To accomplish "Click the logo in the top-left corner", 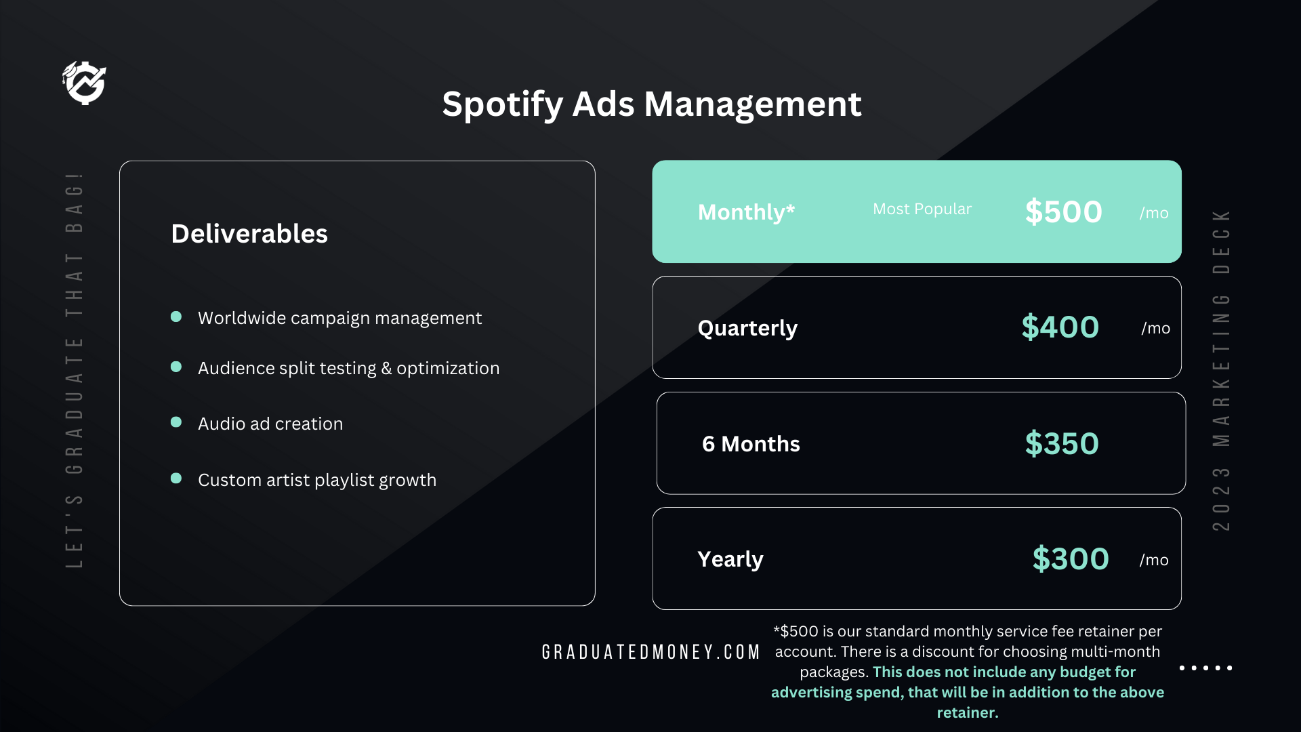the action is click(x=85, y=83).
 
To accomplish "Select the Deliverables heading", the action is click(x=249, y=234).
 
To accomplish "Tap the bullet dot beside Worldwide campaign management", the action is click(x=176, y=317).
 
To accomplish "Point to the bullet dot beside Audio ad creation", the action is click(x=176, y=422).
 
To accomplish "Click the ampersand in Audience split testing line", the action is click(x=386, y=368).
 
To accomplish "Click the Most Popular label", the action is click(x=922, y=209).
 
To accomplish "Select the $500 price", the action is click(x=1064, y=212).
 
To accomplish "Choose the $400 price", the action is click(x=1060, y=327).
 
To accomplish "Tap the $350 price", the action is click(x=1062, y=444).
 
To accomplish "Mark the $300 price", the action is click(x=1071, y=559).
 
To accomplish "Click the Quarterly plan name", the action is click(x=747, y=329).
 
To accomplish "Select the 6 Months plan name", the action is click(x=751, y=444).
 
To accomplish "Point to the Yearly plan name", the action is click(x=730, y=560).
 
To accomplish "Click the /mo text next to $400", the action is click(x=1156, y=329).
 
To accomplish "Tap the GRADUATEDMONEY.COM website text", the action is click(x=651, y=652).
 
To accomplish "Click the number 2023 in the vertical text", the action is click(x=1221, y=499).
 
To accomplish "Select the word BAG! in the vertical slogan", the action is click(x=75, y=202).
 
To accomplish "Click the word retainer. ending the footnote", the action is click(x=968, y=713).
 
